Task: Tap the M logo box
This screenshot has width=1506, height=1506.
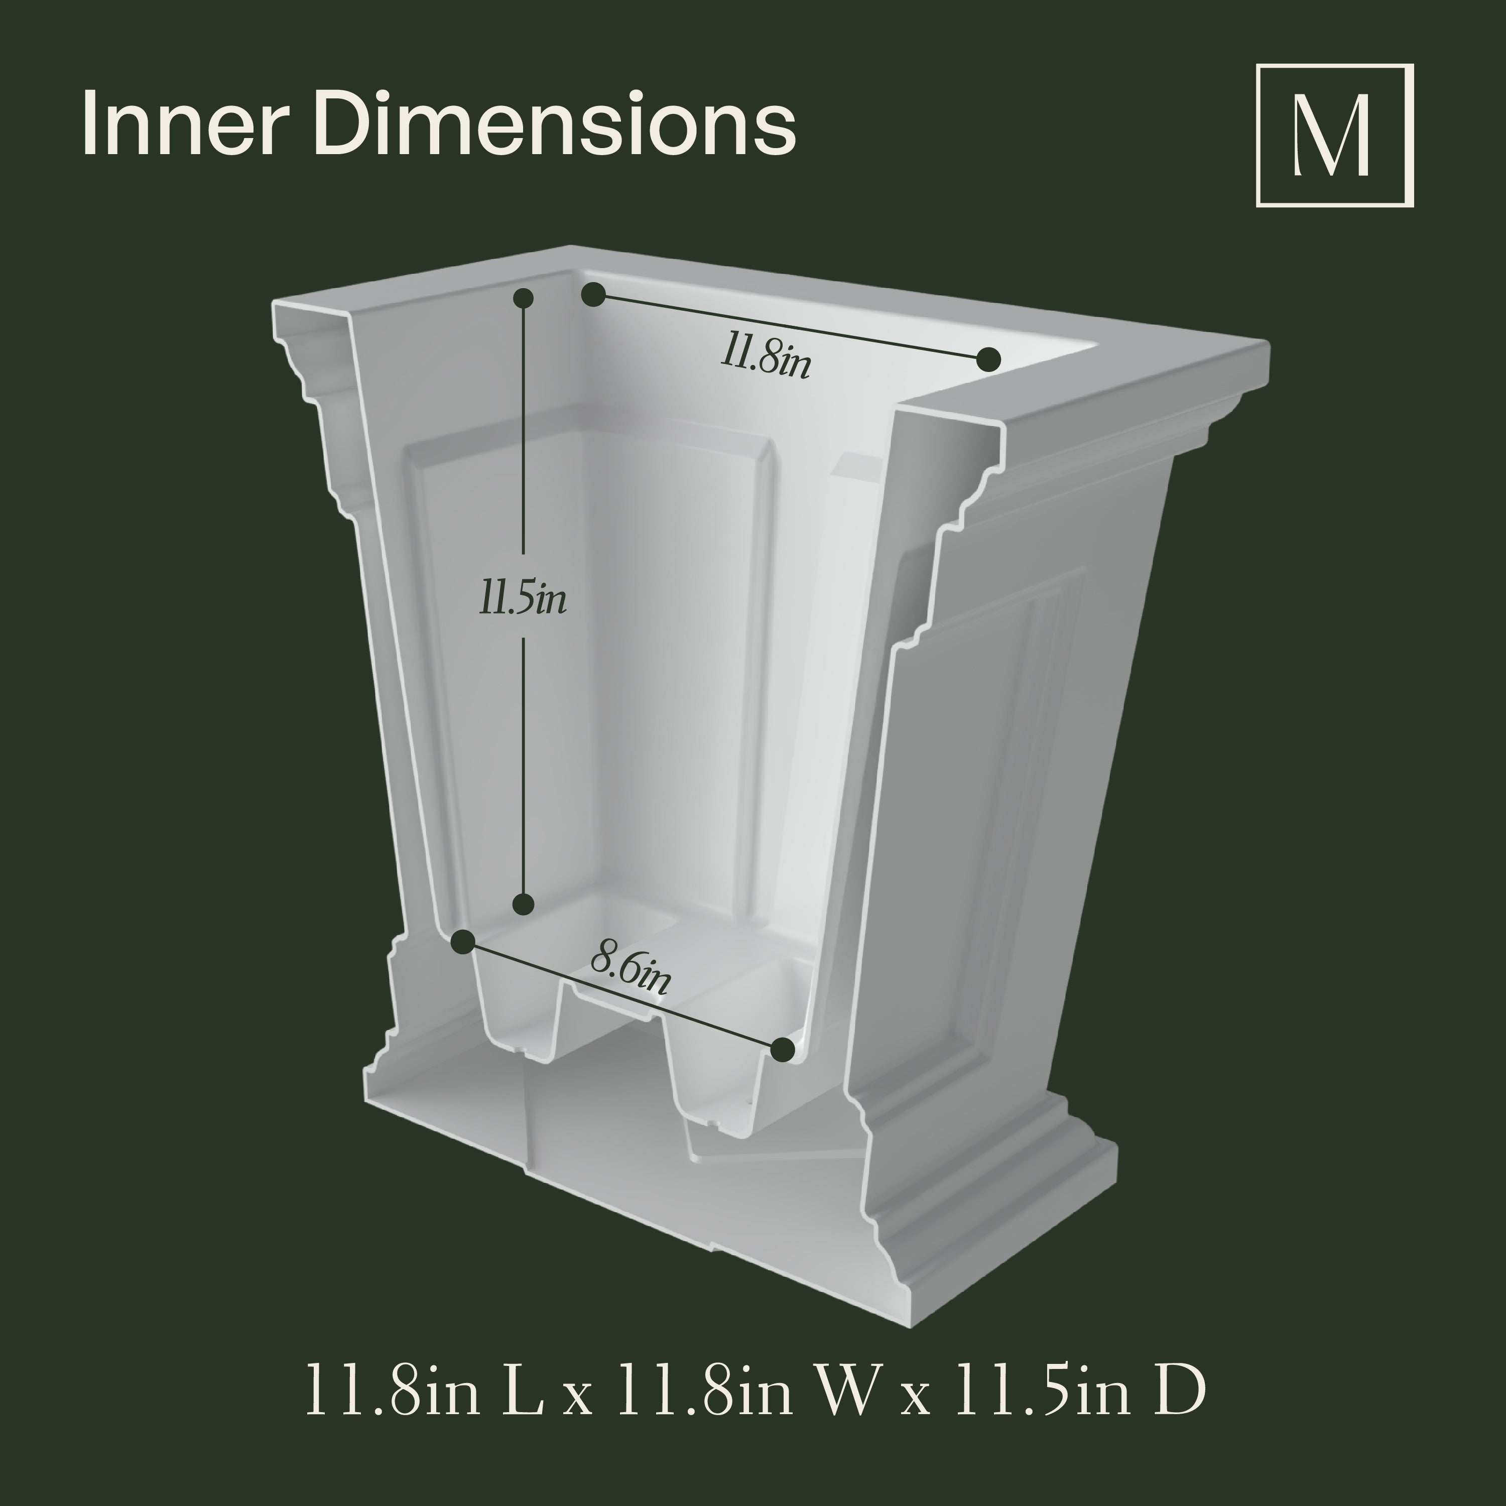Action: click(1334, 136)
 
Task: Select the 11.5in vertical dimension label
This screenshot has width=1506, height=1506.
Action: click(522, 600)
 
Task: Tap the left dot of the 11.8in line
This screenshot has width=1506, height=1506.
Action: click(593, 295)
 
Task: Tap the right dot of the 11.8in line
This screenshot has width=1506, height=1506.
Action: click(988, 359)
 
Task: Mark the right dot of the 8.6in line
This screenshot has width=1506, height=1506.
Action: click(782, 1049)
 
